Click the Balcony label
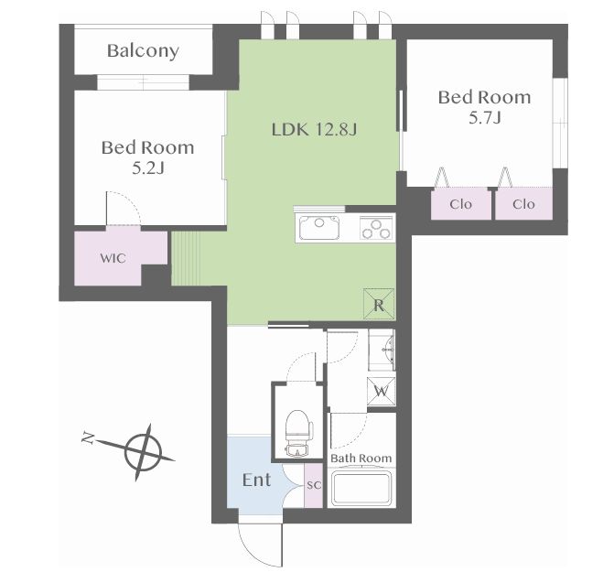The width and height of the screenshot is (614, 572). click(143, 51)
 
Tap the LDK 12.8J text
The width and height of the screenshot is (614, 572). click(314, 129)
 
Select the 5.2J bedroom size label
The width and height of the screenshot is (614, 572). click(147, 168)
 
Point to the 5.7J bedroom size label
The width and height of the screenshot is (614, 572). click(485, 117)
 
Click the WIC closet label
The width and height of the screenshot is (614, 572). click(113, 258)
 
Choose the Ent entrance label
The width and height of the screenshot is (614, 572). click(256, 480)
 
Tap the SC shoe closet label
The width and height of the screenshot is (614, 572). click(314, 485)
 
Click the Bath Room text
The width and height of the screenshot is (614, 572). click(361, 459)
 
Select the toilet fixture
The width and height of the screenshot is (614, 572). click(299, 433)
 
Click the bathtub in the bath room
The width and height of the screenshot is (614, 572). click(361, 489)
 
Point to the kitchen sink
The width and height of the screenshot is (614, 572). click(319, 228)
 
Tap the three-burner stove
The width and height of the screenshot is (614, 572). click(376, 228)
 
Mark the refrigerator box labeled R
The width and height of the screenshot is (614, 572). click(379, 304)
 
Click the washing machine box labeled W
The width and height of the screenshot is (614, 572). click(381, 391)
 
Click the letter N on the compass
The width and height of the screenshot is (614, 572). click(89, 437)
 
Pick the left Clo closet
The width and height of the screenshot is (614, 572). click(461, 203)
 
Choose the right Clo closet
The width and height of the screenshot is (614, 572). click(524, 203)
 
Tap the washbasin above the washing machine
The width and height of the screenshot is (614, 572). click(382, 350)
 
